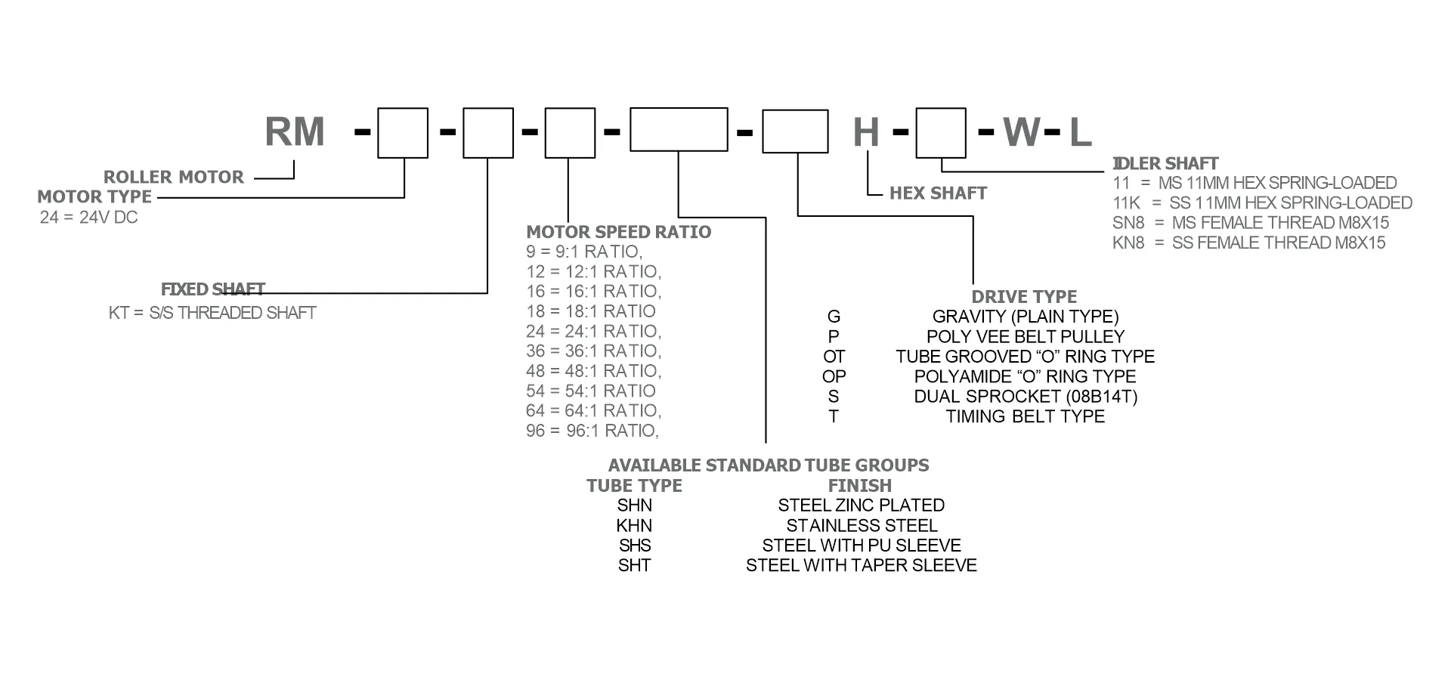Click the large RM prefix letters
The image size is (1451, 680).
pyautogui.click(x=295, y=132)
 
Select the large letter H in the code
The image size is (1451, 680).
pyautogui.click(x=866, y=133)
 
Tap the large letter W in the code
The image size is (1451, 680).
pyautogui.click(x=1022, y=132)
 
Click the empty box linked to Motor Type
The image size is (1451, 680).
pyautogui.click(x=403, y=133)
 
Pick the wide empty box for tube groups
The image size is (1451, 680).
pyautogui.click(x=679, y=129)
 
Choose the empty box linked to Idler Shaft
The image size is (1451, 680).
pyautogui.click(x=941, y=133)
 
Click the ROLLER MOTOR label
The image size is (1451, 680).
pyautogui.click(x=174, y=177)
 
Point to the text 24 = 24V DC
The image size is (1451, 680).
pyautogui.click(x=88, y=218)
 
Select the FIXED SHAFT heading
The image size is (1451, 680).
pyautogui.click(x=213, y=289)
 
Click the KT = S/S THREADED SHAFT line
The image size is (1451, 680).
pyautogui.click(x=212, y=313)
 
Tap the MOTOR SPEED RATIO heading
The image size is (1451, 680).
pyautogui.click(x=618, y=232)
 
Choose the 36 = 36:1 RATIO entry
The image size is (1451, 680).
pyautogui.click(x=593, y=351)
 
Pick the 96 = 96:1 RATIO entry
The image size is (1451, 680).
pyautogui.click(x=592, y=431)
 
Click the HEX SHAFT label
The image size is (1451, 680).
pyautogui.click(x=938, y=193)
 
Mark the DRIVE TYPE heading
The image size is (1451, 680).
pyautogui.click(x=1024, y=297)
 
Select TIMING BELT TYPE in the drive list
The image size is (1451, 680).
pyautogui.click(x=1025, y=416)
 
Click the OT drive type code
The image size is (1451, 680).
pyautogui.click(x=834, y=357)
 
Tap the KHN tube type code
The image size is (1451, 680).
pyautogui.click(x=634, y=526)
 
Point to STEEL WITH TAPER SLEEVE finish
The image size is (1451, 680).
pyautogui.click(x=861, y=565)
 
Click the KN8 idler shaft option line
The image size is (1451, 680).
pyautogui.click(x=1248, y=243)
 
